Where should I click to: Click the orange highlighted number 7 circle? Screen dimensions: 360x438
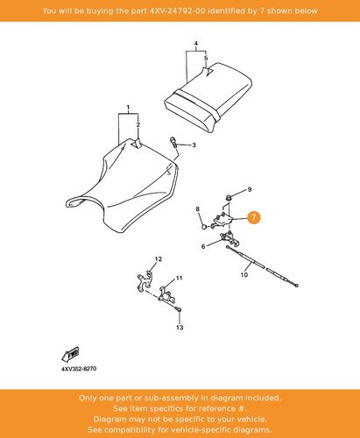[x=253, y=217]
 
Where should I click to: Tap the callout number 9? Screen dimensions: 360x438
[x=250, y=189]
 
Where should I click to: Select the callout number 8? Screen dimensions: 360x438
[x=198, y=209]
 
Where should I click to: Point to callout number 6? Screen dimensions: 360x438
[x=203, y=246]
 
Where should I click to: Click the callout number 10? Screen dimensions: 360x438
[x=244, y=275]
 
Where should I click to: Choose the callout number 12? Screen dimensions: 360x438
[x=159, y=259]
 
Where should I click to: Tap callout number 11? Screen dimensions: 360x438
[x=179, y=278]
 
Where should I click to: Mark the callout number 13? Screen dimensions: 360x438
[x=180, y=328]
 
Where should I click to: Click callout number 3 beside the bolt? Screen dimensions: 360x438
[x=194, y=145]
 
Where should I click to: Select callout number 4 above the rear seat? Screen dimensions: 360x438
[x=196, y=44]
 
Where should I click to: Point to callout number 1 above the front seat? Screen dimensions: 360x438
[x=128, y=108]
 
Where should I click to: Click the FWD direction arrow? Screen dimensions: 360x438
[x=70, y=354]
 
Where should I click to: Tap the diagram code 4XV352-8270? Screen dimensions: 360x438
[x=79, y=369]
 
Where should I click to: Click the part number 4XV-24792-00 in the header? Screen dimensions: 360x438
[x=177, y=11]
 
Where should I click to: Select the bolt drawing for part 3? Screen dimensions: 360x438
[x=173, y=143]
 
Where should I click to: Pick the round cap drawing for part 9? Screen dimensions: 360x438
[x=229, y=198]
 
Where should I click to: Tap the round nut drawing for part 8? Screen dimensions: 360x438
[x=205, y=226]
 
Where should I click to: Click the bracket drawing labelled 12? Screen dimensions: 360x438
[x=145, y=280]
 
